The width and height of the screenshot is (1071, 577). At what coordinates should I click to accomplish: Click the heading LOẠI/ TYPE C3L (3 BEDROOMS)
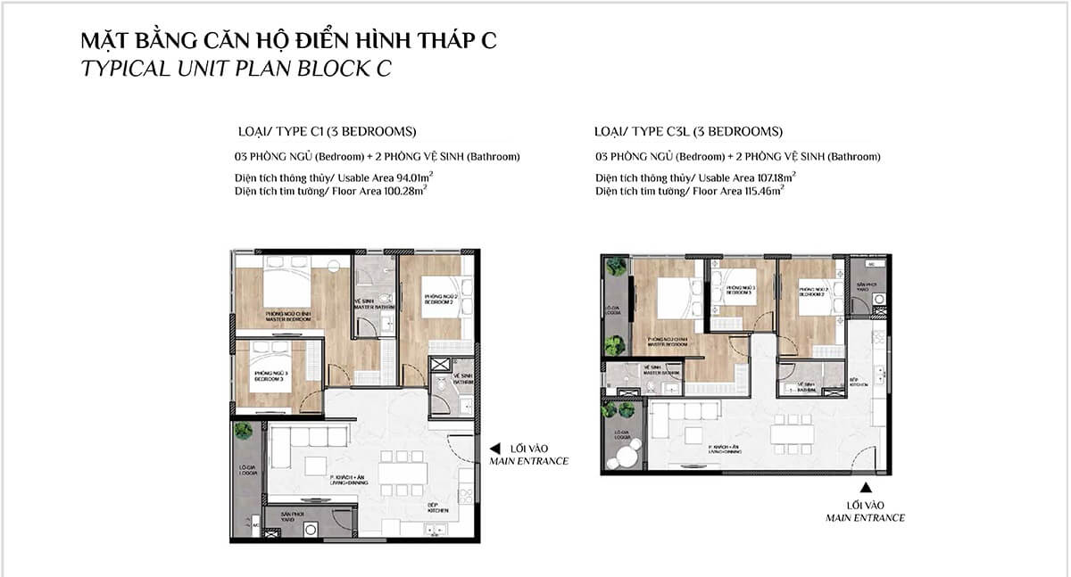688,132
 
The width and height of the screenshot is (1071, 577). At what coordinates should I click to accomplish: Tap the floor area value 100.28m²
401,190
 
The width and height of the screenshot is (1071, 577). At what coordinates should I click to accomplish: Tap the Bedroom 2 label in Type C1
440,298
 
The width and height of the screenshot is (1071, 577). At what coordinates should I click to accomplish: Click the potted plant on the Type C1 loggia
244,431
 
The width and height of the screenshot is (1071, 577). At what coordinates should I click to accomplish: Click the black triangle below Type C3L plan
865,487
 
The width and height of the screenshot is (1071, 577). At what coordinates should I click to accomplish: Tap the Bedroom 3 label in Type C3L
741,290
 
